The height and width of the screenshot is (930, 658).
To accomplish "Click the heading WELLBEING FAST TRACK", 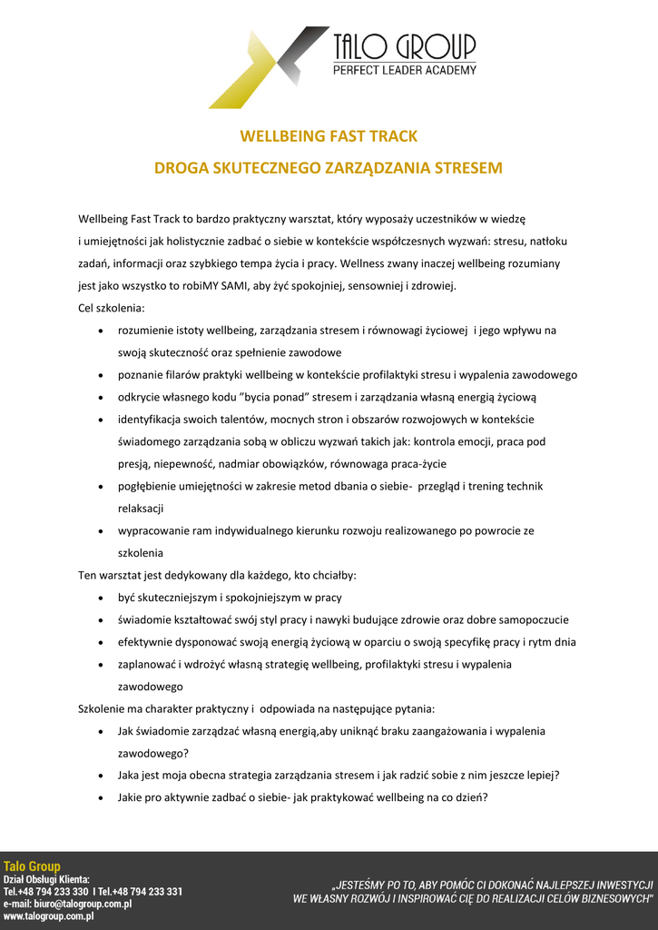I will pos(329,136).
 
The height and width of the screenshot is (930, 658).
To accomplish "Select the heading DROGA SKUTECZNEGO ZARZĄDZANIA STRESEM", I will pos(329,168).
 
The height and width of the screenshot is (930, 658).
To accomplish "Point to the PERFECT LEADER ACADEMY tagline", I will pos(404,70).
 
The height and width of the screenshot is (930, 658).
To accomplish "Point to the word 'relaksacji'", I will pos(141,509).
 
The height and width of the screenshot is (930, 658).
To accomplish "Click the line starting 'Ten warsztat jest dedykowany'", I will pos(217,576).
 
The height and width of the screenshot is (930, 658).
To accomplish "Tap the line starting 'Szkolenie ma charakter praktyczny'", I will pos(257,708).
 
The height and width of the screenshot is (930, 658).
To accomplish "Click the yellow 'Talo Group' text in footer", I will pos(32,866).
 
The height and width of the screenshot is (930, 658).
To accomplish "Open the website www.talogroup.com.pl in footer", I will pos(48,916).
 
